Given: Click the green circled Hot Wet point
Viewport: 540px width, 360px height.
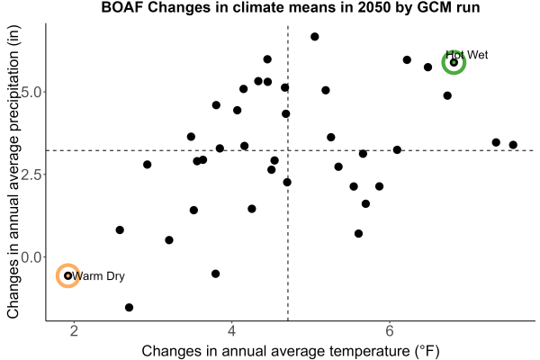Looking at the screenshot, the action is tap(454, 62).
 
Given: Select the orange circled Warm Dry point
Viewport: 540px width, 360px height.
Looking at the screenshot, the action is tap(67, 275).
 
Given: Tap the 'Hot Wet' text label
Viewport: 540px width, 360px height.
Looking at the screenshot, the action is tap(466, 55).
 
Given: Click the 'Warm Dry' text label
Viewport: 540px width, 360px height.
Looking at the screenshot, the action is tap(98, 276).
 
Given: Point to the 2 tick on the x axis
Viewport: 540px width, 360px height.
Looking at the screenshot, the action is tap(74, 331).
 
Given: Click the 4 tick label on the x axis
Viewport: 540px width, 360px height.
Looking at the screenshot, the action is tap(232, 331).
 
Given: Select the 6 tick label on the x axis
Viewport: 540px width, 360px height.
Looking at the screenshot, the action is tap(390, 331).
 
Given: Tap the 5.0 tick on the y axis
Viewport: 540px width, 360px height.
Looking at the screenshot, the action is tap(31, 92).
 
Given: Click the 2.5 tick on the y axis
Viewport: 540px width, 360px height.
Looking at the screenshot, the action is tap(31, 175).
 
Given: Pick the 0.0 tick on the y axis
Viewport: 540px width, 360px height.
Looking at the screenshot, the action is tap(31, 257).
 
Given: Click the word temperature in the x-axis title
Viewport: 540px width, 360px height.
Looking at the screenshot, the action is tap(367, 351).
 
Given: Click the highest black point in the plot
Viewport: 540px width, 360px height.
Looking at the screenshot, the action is tap(314, 37).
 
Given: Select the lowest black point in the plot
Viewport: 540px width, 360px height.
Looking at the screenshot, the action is tap(129, 307).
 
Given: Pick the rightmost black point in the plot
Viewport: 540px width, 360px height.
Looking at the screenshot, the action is tap(513, 145).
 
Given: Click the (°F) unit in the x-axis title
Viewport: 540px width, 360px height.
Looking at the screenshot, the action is tap(425, 351).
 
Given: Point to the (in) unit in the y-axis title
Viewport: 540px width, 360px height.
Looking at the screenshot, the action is tap(13, 36).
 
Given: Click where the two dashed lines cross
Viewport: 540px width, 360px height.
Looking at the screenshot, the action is tap(288, 150).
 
